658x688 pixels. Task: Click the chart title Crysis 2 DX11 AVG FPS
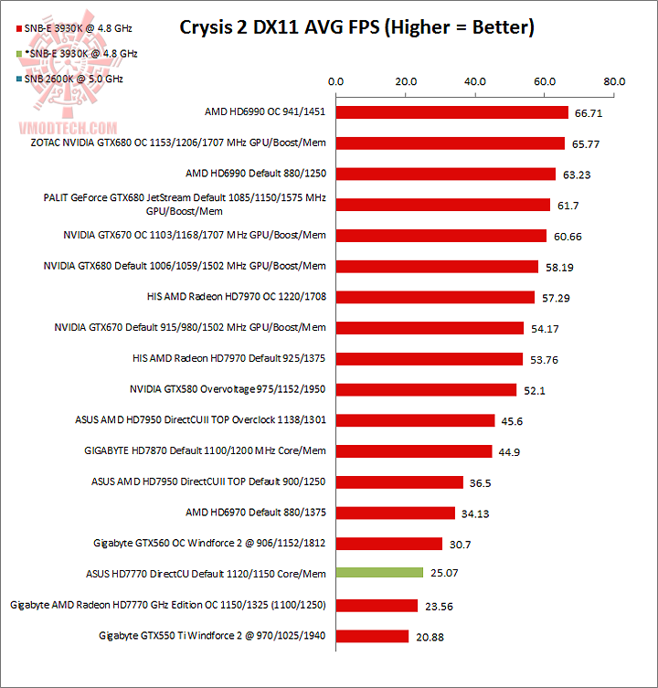click(x=356, y=27)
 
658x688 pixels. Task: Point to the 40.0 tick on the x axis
click(x=475, y=81)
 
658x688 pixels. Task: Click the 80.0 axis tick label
click(x=615, y=81)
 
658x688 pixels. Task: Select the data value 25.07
click(x=446, y=574)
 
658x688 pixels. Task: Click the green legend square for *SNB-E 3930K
click(x=20, y=54)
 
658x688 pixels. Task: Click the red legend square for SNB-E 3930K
click(x=20, y=29)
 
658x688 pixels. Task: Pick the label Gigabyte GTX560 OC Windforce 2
click(x=209, y=543)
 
